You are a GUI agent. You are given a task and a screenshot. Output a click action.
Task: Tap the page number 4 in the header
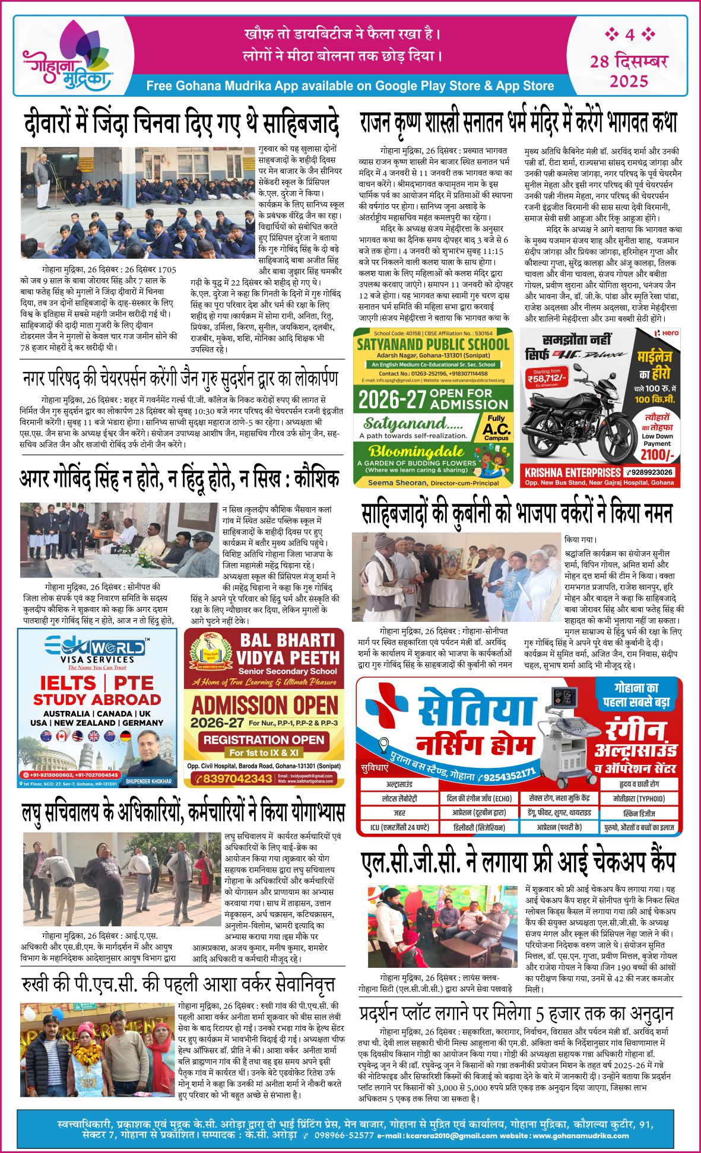[x=630, y=34]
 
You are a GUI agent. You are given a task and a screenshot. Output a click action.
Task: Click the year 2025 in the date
[x=629, y=81]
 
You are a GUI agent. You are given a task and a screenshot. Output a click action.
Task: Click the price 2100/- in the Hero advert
[x=657, y=455]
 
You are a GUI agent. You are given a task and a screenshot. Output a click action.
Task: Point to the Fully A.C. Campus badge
[x=496, y=427]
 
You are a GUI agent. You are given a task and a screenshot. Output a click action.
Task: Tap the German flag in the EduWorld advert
[x=125, y=736]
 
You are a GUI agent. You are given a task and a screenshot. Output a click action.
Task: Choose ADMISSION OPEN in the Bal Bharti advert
[x=264, y=706]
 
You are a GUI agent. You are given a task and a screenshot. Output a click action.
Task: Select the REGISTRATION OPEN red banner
[x=264, y=740]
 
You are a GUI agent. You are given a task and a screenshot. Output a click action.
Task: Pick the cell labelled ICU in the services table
[x=399, y=827]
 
